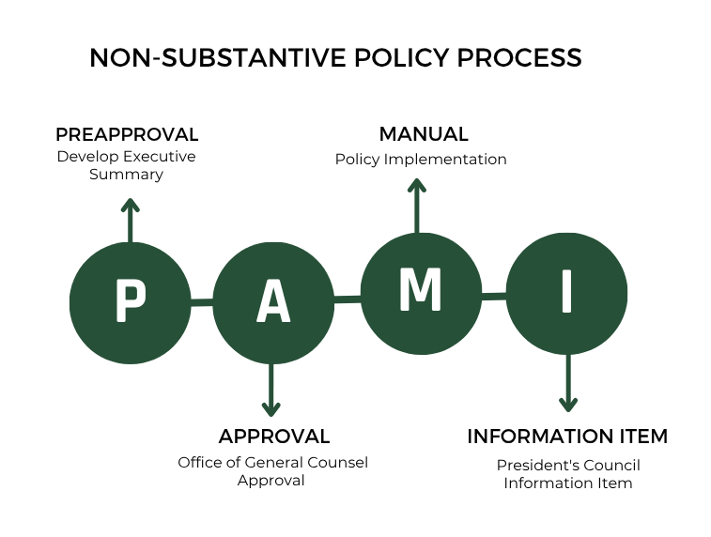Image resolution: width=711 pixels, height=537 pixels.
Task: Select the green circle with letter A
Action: (272, 303)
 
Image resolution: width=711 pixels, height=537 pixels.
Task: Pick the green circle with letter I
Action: (567, 294)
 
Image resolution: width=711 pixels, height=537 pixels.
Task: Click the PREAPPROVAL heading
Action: (127, 134)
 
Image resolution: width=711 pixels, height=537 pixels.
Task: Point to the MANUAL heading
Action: (423, 134)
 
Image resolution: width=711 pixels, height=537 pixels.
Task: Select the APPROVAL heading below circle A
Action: (273, 437)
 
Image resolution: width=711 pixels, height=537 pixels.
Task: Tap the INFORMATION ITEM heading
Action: (567, 437)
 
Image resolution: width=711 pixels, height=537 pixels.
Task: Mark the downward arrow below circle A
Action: (271, 390)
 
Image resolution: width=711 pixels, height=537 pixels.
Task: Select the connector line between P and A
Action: (201, 302)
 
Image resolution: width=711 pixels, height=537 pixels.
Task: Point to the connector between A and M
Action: (347, 299)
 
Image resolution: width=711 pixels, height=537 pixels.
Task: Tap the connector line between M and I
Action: (494, 297)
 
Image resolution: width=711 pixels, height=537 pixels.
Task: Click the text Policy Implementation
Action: (421, 160)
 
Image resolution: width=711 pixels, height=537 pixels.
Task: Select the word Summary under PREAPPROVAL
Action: (126, 175)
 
